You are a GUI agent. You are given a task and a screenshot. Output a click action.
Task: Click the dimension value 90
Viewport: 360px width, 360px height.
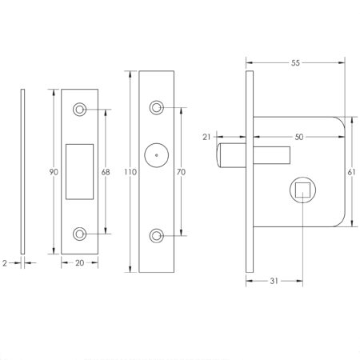pos(53,170)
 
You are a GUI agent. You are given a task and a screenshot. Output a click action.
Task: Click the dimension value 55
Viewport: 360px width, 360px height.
pos(294,61)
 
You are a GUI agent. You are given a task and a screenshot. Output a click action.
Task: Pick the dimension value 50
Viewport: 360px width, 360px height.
pos(298,138)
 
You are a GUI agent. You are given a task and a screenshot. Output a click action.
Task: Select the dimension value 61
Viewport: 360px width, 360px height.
pos(353,170)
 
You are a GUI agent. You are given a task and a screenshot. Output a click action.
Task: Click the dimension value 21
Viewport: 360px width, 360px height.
pos(207,138)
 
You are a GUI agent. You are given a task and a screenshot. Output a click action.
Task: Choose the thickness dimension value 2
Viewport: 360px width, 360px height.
pos(6,261)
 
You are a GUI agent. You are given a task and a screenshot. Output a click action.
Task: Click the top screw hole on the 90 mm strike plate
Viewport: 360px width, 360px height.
pos(80,109)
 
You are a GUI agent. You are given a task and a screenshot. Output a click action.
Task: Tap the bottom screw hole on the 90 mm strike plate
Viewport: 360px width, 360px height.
pos(80,234)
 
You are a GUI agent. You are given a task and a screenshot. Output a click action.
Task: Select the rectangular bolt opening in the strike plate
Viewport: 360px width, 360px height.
pos(82,170)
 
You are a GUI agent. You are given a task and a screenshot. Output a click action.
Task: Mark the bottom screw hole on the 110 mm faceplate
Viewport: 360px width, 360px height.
pos(157,235)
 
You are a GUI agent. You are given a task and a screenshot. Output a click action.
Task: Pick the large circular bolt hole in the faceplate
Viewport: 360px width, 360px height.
pos(157,156)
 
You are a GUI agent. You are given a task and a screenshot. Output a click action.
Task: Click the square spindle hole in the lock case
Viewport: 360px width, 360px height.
pos(302,190)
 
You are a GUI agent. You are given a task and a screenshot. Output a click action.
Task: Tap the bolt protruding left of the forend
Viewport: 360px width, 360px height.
pos(229,154)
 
